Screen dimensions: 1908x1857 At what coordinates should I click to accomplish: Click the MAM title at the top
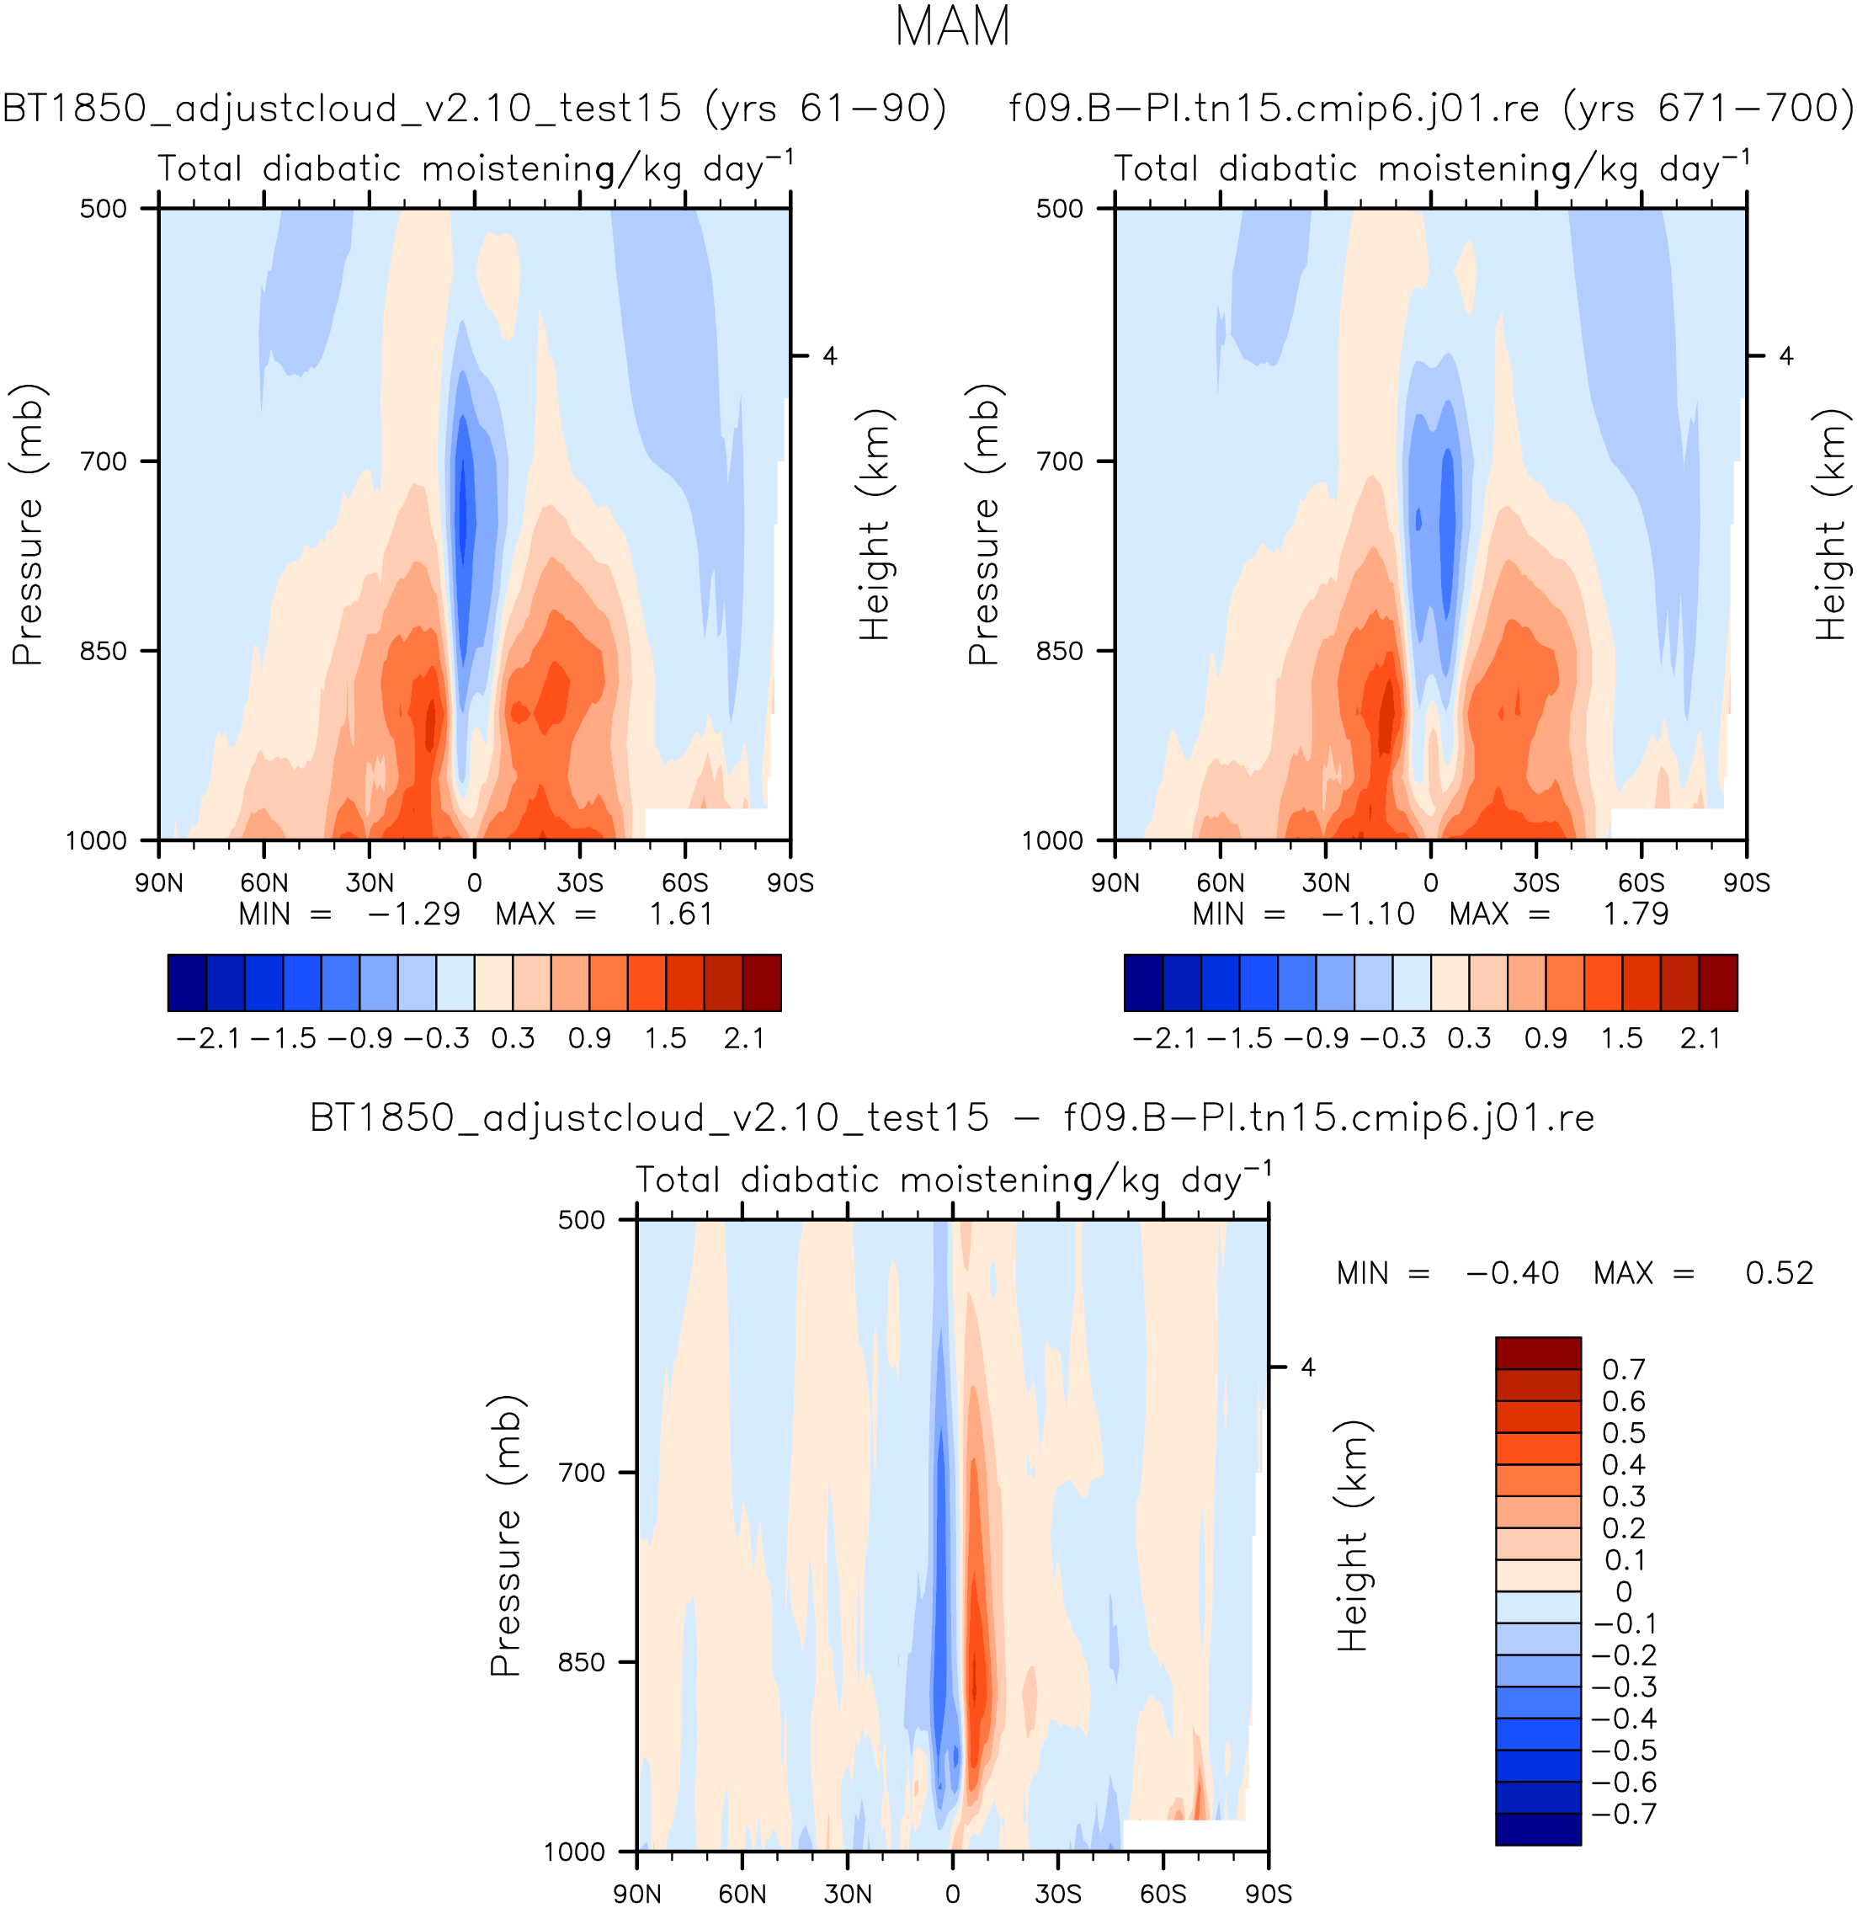click(x=952, y=27)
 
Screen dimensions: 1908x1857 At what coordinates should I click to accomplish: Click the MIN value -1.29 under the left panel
click(x=412, y=914)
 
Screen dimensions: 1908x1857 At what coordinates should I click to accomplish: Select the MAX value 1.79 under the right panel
click(x=1636, y=914)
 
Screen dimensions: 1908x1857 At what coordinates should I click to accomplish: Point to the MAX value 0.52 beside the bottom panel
click(x=1779, y=1273)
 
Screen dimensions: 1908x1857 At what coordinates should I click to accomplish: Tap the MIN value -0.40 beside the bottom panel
click(x=1512, y=1273)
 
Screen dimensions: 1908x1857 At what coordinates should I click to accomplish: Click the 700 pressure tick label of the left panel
click(x=104, y=461)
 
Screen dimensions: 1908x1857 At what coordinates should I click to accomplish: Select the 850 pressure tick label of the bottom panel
click(x=582, y=1662)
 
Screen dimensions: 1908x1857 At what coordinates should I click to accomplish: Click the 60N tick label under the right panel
click(x=1220, y=882)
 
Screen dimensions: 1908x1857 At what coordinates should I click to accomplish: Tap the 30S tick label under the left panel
click(x=579, y=882)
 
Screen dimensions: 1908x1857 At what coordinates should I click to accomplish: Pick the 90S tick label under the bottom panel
click(x=1268, y=1895)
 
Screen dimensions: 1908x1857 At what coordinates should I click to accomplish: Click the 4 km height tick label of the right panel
click(x=1785, y=356)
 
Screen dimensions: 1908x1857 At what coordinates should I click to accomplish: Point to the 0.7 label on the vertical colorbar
click(x=1624, y=1370)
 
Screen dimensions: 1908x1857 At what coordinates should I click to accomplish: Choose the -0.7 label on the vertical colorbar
click(x=1624, y=1815)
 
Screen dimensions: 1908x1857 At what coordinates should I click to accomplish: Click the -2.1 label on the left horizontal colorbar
click(x=208, y=1038)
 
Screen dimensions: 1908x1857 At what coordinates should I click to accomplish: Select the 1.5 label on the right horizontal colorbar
click(x=1621, y=1038)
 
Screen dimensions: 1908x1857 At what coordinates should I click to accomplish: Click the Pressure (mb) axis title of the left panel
click(x=27, y=524)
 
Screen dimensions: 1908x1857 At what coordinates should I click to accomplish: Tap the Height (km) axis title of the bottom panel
click(x=1352, y=1535)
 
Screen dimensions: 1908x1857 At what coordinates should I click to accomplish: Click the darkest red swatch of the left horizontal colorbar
click(x=762, y=983)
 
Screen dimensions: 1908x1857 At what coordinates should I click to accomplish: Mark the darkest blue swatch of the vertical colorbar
click(x=1538, y=1829)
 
